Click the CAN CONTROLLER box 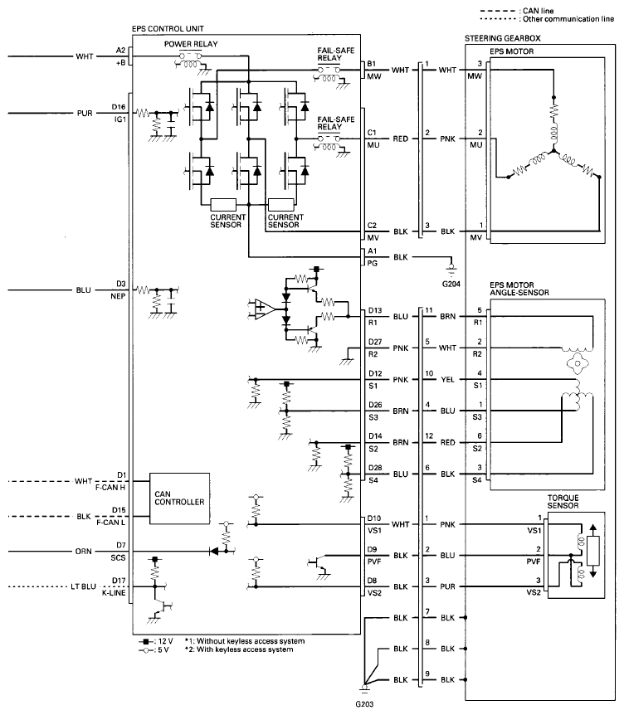[180, 498]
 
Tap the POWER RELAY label [191, 44]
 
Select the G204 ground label [451, 284]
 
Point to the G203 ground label [364, 704]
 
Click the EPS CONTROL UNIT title [168, 29]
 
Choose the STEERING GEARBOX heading [502, 38]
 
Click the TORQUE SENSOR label [563, 502]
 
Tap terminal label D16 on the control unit [119, 107]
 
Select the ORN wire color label [84, 552]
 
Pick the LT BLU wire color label [83, 586]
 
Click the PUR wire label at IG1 [85, 113]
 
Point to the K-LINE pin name [113, 593]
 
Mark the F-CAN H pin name [110, 488]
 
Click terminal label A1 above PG [373, 250]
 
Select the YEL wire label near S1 [447, 379]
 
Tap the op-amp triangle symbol [263, 309]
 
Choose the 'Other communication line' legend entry [547, 19]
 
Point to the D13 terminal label [375, 310]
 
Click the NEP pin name [118, 296]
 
